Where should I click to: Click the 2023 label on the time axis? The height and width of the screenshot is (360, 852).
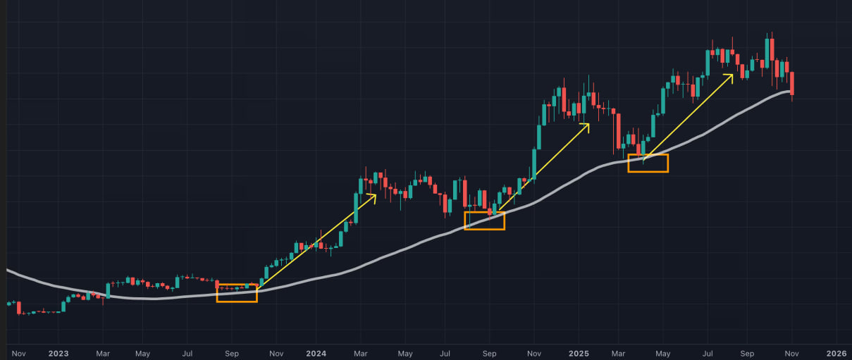[58, 353]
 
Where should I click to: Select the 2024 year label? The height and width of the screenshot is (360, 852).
[316, 353]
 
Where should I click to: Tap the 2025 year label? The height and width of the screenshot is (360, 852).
[579, 353]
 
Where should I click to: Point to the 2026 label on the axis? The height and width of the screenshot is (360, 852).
[836, 353]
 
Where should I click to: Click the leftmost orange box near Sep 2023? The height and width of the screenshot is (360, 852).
[237, 293]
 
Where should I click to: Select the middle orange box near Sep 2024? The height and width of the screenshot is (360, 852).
[485, 221]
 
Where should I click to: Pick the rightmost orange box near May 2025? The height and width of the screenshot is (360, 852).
[648, 163]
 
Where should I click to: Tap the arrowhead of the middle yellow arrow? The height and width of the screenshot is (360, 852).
[587, 125]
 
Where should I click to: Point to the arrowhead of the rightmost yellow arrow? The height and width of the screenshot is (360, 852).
[731, 75]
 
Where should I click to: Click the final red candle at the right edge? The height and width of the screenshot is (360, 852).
[793, 83]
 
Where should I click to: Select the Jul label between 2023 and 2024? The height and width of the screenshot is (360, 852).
[187, 353]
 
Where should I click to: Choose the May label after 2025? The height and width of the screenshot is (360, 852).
[662, 353]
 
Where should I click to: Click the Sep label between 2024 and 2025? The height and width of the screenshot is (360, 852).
[489, 353]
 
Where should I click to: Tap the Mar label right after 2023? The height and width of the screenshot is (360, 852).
[103, 353]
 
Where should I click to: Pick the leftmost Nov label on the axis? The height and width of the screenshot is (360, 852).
[18, 353]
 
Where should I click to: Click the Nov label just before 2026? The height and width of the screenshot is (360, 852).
[793, 353]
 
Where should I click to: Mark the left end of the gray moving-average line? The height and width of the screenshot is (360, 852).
[7, 270]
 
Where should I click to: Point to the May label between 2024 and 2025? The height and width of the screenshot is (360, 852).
[405, 353]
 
